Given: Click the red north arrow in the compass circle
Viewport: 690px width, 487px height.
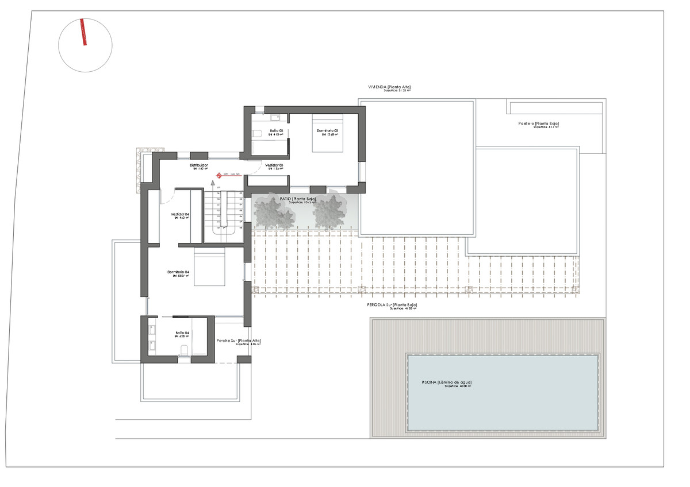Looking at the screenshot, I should (84, 32).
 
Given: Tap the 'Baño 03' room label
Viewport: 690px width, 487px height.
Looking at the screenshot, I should (277, 131).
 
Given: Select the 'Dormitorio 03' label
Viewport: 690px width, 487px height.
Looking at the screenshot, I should (327, 131).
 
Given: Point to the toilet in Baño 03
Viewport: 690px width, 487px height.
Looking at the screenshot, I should (257, 133).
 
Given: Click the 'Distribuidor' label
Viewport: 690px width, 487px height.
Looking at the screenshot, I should (199, 165).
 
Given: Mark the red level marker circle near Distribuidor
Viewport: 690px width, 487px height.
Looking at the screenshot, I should (219, 176).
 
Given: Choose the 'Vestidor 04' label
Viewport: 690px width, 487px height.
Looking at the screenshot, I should (180, 214).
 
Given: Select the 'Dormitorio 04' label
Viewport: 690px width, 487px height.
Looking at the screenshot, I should (178, 272).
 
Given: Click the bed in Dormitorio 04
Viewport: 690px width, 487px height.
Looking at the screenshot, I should (209, 269).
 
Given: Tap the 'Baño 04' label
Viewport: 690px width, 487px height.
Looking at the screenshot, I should (182, 333).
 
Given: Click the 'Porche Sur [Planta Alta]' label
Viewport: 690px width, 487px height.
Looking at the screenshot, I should (239, 341).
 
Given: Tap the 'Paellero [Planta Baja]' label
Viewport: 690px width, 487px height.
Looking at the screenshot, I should (538, 123).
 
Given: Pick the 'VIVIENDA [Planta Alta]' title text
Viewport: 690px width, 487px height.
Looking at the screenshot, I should (389, 87).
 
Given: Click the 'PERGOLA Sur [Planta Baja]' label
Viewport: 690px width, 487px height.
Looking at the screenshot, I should (392, 305).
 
